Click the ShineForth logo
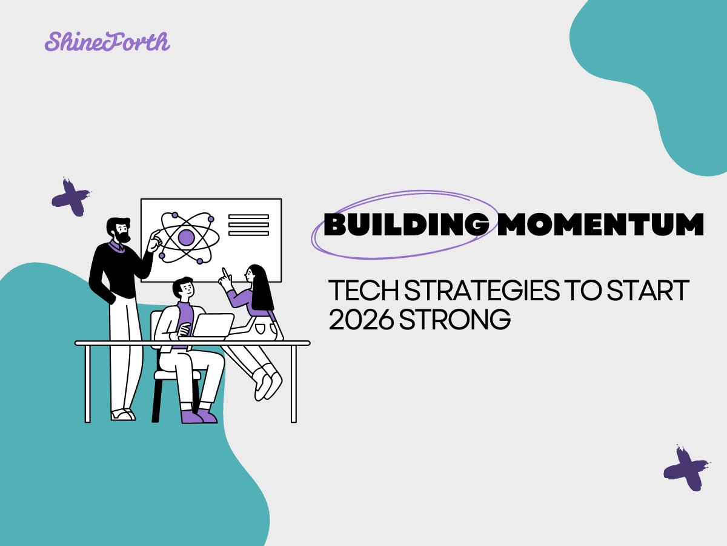tap(107, 41)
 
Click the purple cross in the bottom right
tap(685, 468)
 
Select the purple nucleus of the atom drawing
tap(187, 237)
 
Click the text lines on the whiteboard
tap(248, 225)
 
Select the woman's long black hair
tap(262, 288)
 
